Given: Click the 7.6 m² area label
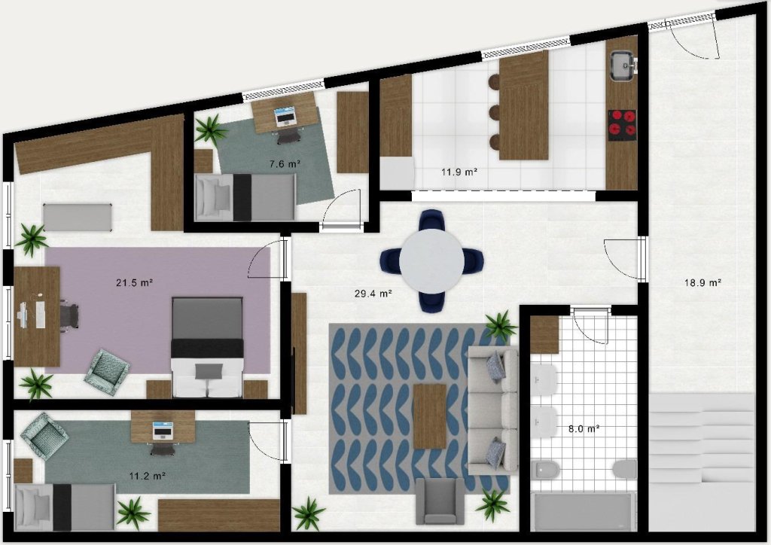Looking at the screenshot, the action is [285, 164].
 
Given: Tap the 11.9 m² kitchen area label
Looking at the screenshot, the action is [459, 172].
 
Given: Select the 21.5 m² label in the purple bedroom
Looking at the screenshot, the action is [134, 282].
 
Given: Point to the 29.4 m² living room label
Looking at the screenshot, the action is [373, 294].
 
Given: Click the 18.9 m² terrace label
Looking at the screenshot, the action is [702, 282].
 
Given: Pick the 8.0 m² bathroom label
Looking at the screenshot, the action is [584, 428].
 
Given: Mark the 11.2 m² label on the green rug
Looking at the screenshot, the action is [147, 476].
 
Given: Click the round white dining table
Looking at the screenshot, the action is [431, 261].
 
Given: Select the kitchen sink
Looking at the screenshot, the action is [623, 65].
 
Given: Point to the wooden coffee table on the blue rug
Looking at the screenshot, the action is [430, 417].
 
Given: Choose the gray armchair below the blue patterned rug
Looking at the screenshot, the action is [440, 501].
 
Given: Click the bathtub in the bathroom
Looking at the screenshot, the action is [583, 512].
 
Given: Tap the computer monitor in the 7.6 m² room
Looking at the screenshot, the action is [285, 117].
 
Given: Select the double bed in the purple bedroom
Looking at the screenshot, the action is [208, 347].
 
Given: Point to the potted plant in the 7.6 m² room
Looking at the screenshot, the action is [211, 129].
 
